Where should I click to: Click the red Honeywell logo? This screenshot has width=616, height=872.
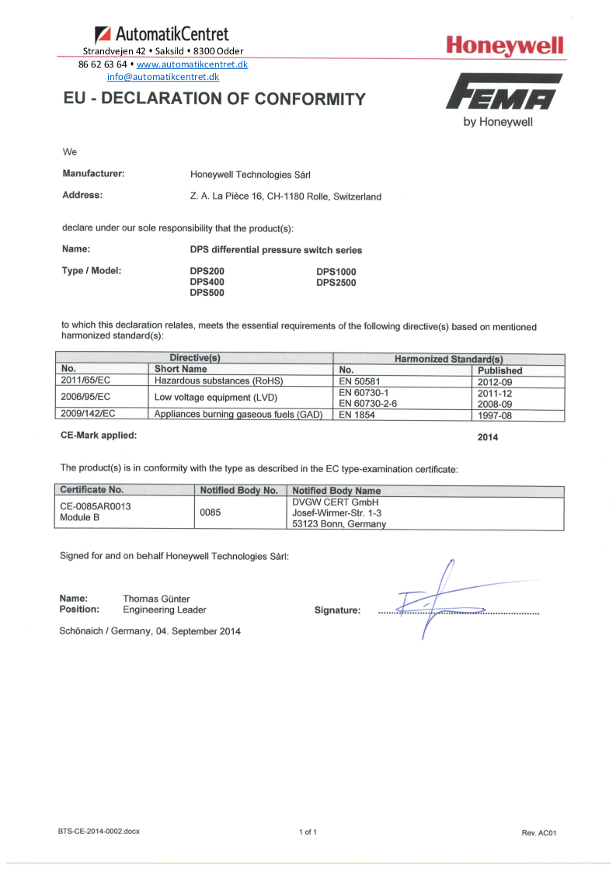pos(505,47)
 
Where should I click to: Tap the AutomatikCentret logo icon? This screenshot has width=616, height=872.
pos(103,35)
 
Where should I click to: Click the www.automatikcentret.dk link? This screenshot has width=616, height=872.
pos(192,64)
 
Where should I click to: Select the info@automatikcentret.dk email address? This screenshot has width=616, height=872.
pos(163,77)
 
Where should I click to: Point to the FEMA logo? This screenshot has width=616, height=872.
pos(504,92)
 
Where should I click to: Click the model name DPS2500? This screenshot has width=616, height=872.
pos(336,283)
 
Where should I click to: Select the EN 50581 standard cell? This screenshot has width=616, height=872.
pos(359,381)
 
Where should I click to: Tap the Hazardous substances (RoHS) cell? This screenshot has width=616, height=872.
pos(218,381)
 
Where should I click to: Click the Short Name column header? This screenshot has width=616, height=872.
pos(181,370)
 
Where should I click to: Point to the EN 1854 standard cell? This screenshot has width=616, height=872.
pos(356,415)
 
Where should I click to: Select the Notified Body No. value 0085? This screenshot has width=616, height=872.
pos(211,512)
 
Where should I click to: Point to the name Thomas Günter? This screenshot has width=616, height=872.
pos(156,599)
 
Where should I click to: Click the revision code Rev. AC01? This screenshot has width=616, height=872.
pos(539,832)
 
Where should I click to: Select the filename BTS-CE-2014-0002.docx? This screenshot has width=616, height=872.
pos(99,832)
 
